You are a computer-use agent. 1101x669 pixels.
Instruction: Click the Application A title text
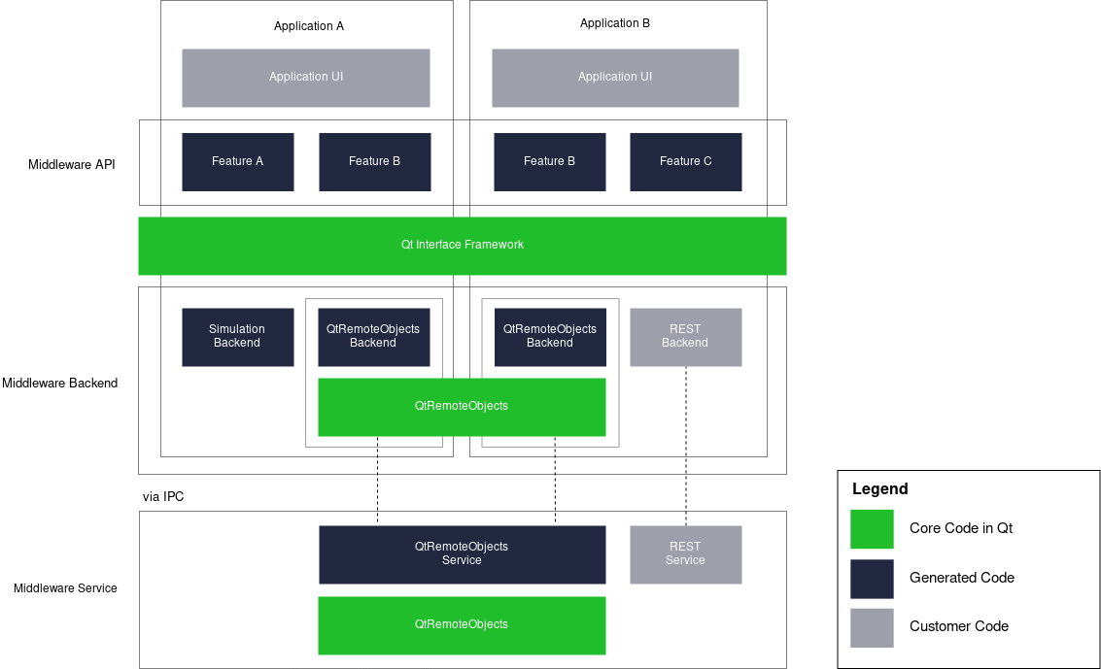tap(308, 26)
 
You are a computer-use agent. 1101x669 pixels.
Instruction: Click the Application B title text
tap(614, 23)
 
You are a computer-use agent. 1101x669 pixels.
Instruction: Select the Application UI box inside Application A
tap(306, 78)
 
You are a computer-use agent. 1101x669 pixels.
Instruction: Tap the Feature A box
tap(237, 162)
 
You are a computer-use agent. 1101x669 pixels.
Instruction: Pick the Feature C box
tap(685, 162)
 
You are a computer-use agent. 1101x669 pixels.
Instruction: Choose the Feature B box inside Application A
tap(374, 162)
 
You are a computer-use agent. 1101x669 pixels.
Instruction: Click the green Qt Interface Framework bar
tap(462, 246)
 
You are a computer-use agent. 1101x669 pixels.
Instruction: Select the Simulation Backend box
tap(237, 337)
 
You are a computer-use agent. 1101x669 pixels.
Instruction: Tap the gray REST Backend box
tap(685, 337)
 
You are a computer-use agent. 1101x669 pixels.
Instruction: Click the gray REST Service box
tap(685, 554)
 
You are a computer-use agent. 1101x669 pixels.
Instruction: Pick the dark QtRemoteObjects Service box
tap(462, 554)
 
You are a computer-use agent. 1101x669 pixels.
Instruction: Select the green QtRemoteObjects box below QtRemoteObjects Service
tap(462, 625)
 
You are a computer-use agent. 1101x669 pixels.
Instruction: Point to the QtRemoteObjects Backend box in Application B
tap(550, 337)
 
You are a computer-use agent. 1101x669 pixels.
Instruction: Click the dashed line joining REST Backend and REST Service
tap(686, 447)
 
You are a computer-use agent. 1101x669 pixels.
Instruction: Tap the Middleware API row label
tap(72, 164)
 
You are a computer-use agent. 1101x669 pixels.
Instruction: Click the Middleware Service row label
tap(65, 588)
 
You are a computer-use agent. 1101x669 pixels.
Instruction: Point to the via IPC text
tap(163, 497)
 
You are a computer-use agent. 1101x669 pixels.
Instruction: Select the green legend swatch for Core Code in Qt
tap(872, 529)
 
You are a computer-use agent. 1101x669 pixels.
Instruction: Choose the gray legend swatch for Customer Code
tap(872, 627)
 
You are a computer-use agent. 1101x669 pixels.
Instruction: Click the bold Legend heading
tap(879, 489)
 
